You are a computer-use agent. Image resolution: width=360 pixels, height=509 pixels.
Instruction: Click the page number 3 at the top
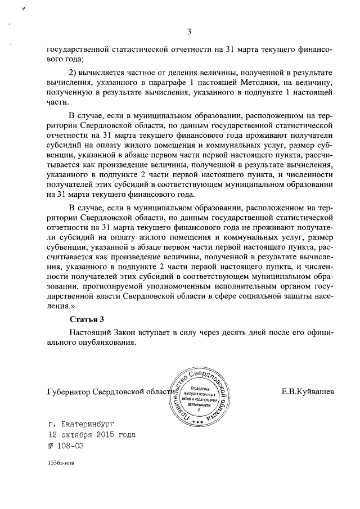pyautogui.click(x=190, y=31)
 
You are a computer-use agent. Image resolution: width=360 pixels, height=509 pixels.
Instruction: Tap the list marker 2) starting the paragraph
pyautogui.click(x=73, y=74)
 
